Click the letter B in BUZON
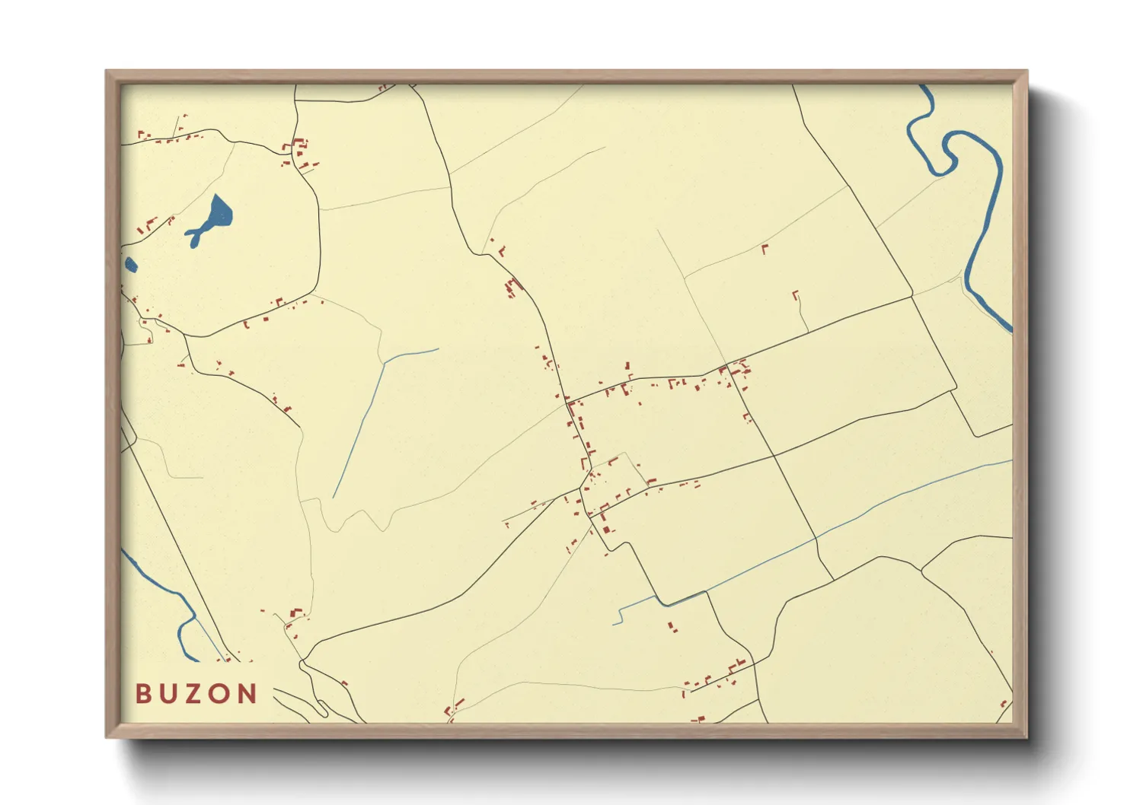tap(143, 694)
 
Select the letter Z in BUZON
tap(194, 694)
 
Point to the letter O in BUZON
tap(220, 694)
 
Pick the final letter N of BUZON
tap(248, 694)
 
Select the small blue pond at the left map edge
tap(130, 265)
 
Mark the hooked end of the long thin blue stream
tap(616, 618)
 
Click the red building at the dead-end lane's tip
tap(796, 293)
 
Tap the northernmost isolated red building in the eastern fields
tap(765, 247)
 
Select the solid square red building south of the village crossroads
tap(606, 529)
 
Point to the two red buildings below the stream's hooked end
tap(672, 627)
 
